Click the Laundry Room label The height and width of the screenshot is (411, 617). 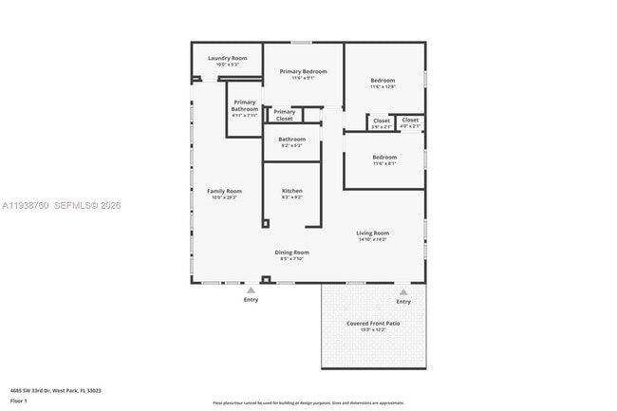tap(227, 58)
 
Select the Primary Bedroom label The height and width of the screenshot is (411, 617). tap(303, 71)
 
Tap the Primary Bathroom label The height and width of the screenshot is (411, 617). tap(244, 105)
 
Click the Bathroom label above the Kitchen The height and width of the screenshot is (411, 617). tap(291, 140)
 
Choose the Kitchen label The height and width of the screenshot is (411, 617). tap(291, 191)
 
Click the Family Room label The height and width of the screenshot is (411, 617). tap(224, 191)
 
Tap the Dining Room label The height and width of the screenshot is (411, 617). tap(291, 252)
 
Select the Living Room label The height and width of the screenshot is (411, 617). tap(372, 233)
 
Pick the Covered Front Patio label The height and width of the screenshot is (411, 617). tap(372, 323)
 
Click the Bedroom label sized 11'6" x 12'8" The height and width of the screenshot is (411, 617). tap(383, 81)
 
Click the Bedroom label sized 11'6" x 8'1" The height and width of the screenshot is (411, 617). tap(383, 157)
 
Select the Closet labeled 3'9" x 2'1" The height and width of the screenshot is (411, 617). tap(381, 121)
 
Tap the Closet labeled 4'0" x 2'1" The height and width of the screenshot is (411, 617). tap(410, 121)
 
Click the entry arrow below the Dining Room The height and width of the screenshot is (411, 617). tap(251, 290)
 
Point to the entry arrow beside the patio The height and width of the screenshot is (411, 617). tap(403, 292)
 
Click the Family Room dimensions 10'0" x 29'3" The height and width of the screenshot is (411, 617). tap(224, 197)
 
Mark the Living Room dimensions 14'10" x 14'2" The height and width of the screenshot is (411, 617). tap(372, 239)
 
